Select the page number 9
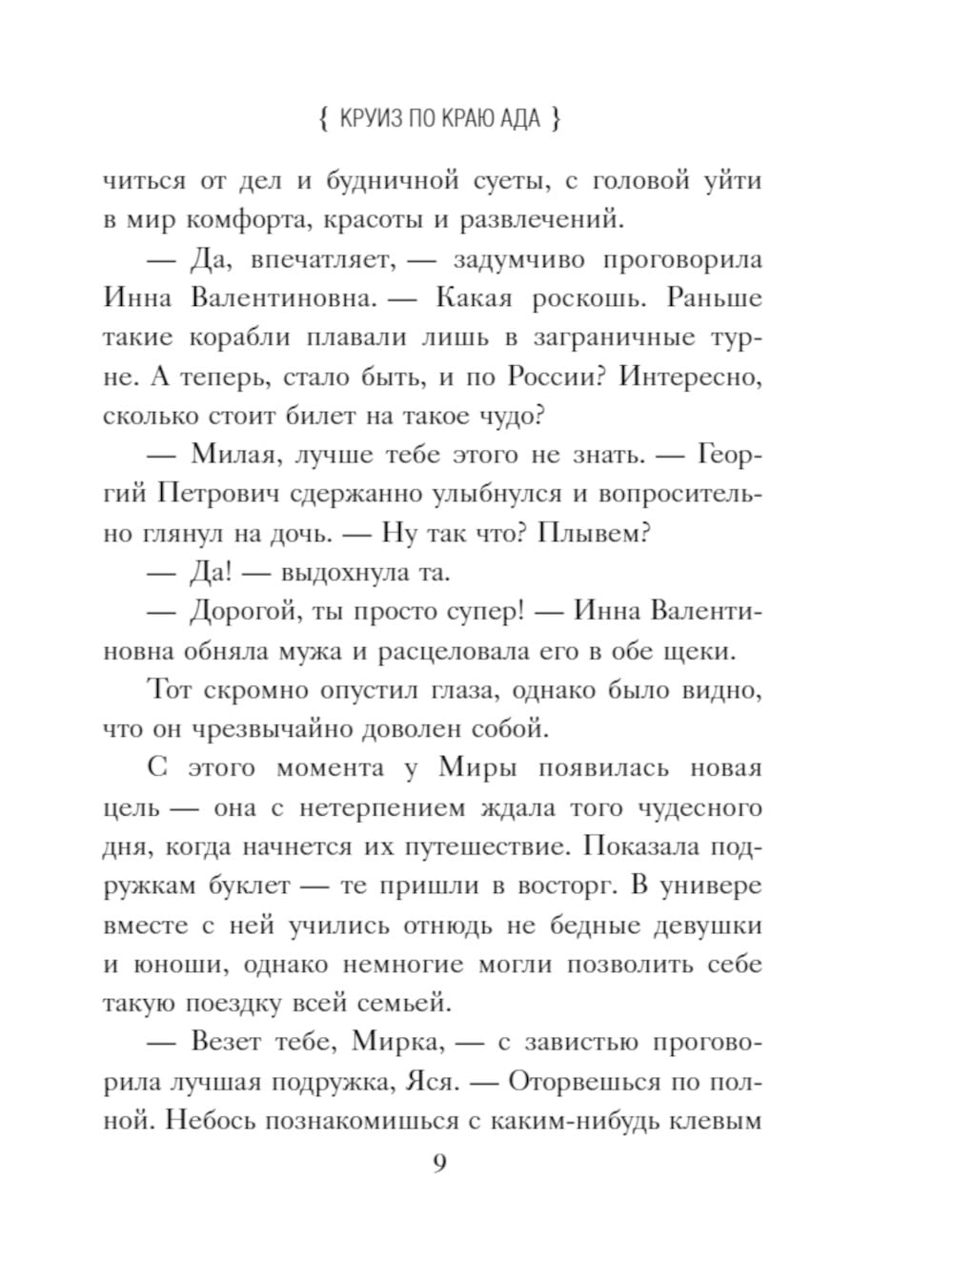(439, 1164)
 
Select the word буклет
(249, 886)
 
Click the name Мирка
(397, 1042)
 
